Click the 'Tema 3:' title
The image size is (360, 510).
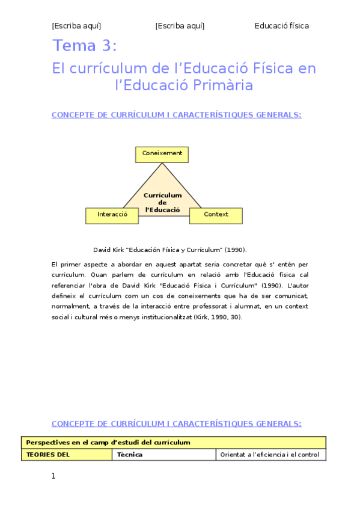tap(85, 46)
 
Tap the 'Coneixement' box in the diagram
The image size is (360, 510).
tap(162, 154)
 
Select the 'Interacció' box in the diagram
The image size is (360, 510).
tap(112, 215)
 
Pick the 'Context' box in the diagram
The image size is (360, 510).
tap(216, 215)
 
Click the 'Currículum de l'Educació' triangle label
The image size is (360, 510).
tap(162, 203)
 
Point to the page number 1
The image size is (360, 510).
tap(53, 476)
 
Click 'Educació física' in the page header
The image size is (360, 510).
tap(282, 26)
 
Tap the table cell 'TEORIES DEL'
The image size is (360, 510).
tap(48, 455)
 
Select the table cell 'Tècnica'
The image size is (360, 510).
tap(130, 455)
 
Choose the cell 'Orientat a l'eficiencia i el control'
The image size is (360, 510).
tap(270, 455)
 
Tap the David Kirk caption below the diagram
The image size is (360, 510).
tap(170, 250)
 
